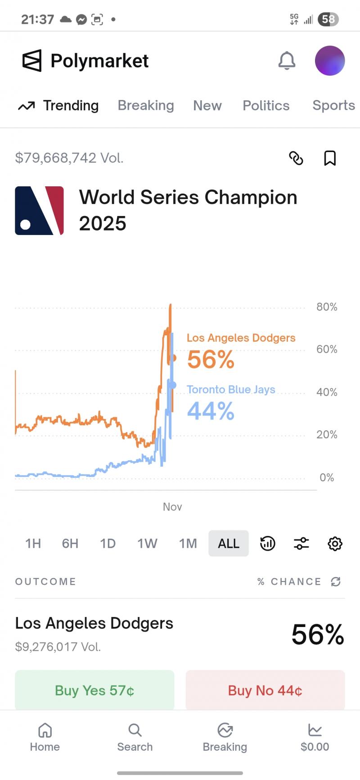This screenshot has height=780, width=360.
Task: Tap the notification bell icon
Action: point(287,61)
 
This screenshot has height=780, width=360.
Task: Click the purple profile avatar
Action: point(329,61)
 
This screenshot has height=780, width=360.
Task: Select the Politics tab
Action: point(266,105)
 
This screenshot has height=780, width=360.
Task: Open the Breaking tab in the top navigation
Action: point(146,105)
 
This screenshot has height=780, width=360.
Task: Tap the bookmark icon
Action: point(330,158)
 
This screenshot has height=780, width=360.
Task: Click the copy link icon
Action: point(296,158)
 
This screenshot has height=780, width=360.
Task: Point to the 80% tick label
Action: point(327,307)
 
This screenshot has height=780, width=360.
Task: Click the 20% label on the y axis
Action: point(327,435)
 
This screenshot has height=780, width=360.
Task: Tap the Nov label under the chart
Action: point(172,507)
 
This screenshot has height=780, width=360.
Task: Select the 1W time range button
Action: point(147,543)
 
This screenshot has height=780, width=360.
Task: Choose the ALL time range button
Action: point(229,543)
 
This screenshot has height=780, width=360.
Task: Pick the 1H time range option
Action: point(33,543)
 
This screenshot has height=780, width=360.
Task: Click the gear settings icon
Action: point(335,543)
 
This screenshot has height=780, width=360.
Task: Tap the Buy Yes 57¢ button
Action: point(94,690)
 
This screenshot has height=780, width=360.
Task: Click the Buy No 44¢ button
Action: point(265,690)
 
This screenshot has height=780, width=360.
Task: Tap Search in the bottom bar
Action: point(135,738)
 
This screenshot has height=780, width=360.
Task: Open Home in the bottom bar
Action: point(45,738)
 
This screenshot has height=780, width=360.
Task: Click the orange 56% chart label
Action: point(211,360)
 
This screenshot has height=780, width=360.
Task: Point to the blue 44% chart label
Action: point(211,411)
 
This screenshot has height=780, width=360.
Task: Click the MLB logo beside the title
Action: point(40,211)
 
